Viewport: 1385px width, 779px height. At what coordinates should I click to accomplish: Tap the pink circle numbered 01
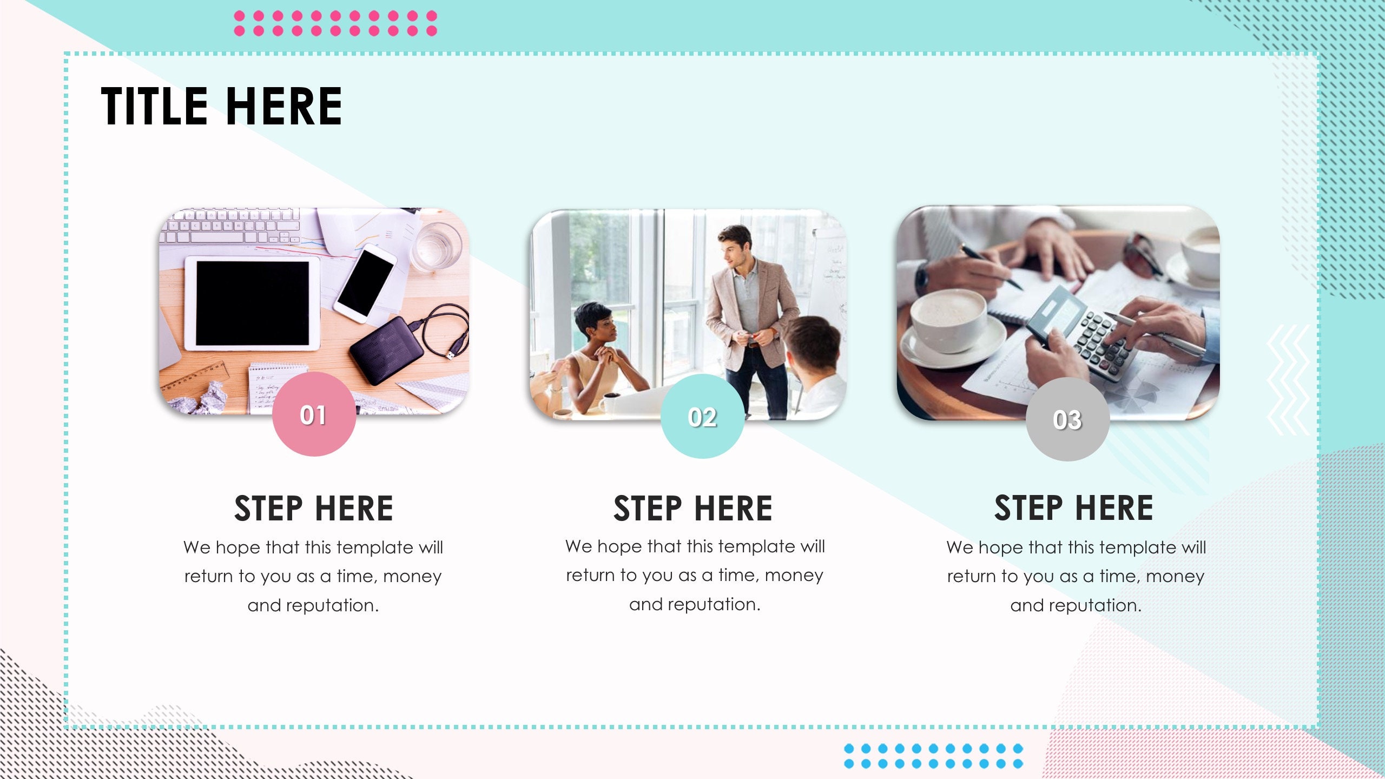point(314,415)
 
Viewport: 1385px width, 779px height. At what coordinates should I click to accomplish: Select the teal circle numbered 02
point(702,417)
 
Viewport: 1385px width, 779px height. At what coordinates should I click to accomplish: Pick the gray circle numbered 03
point(1067,420)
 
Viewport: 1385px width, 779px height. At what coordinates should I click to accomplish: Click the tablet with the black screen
point(252,303)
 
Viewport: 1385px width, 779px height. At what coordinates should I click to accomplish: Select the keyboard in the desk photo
point(233,226)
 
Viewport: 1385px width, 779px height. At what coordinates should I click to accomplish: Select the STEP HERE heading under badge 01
point(314,509)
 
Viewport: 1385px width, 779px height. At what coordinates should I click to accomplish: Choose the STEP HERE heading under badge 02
point(693,509)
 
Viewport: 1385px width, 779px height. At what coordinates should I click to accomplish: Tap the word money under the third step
point(1175,577)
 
